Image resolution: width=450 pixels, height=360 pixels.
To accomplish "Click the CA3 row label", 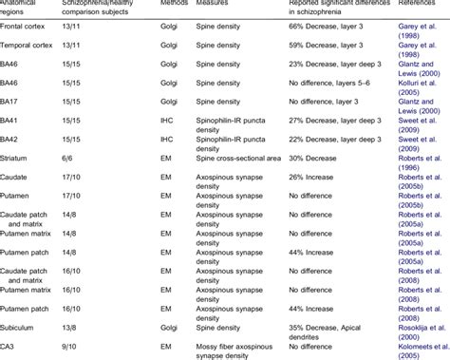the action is click(x=10, y=343).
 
